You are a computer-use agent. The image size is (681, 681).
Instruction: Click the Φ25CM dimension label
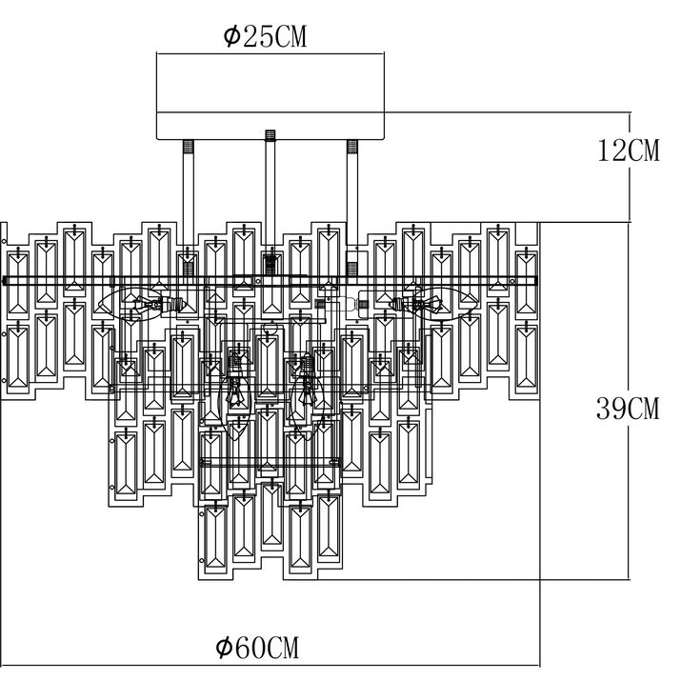pos(265,36)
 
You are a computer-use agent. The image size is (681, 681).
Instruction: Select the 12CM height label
pos(629,150)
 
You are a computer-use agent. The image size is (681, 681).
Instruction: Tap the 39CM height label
pos(628,409)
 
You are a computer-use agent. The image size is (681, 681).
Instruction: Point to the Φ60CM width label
pos(257,648)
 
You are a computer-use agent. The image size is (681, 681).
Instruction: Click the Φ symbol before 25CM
pos(232,36)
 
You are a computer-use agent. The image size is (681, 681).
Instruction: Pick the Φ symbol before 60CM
pos(224,648)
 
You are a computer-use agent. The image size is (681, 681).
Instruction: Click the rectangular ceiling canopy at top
pos(270,96)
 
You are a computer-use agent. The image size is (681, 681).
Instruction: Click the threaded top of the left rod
pos(188,146)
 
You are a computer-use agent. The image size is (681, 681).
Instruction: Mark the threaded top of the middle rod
pos(270,135)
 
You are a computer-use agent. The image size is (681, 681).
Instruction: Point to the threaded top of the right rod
pos(351,146)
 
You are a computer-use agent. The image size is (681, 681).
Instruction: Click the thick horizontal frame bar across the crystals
pos(270,281)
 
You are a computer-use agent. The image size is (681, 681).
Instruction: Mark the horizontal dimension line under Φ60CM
pos(270,666)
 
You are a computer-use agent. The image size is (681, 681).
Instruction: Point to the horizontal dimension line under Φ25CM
pos(270,54)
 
